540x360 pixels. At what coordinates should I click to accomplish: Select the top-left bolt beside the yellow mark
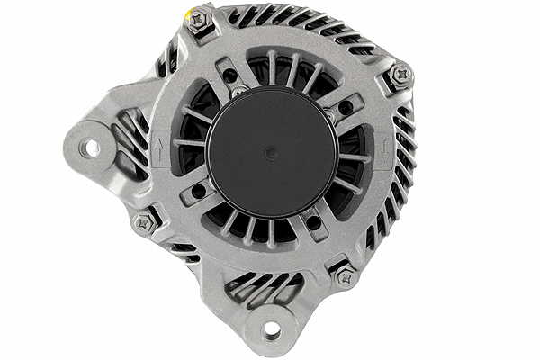[200, 20]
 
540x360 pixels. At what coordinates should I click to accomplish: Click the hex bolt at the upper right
[400, 74]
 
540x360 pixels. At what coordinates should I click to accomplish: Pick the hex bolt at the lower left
[145, 221]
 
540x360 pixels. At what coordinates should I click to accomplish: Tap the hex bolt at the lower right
[346, 276]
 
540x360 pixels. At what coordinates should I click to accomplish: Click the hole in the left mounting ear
[90, 148]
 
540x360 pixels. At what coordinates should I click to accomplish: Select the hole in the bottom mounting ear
[271, 332]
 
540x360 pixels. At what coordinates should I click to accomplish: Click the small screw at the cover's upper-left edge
[239, 92]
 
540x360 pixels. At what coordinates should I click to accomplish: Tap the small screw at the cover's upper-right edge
[330, 114]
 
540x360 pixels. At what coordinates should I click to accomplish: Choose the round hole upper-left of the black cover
[230, 76]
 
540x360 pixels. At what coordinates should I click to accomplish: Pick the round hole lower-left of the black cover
[197, 191]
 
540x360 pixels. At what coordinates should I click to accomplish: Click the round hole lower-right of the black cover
[313, 221]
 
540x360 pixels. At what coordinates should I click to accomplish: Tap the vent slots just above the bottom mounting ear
[261, 287]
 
